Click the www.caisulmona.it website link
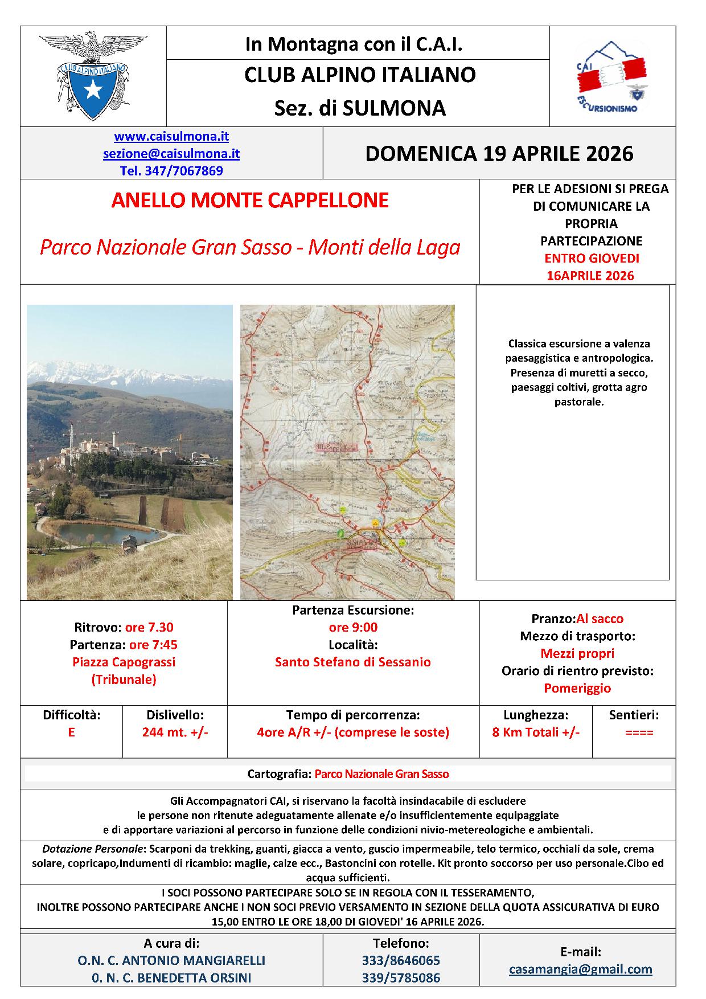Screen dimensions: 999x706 pos(171,137)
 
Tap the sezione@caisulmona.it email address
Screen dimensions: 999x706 pos(171,154)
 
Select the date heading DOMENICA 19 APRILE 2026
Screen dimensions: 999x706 pos(499,154)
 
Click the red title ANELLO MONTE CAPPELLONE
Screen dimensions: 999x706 pos(250,200)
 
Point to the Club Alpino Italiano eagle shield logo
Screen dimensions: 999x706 pos(93,76)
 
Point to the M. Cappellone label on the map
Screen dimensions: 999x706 pos(336,447)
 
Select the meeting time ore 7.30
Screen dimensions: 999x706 pos(149,628)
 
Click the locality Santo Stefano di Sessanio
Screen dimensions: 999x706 pos(353,662)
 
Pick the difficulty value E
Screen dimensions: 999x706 pos(71,732)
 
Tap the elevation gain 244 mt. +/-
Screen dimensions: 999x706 pos(175,732)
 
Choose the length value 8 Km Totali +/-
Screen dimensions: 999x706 pos(536,732)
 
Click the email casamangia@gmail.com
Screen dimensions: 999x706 pos(581,969)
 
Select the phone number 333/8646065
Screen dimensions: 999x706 pos(401,961)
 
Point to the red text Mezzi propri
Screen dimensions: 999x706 pos(577,654)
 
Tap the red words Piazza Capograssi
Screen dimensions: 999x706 pos(124,662)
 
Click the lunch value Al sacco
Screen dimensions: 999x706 pos(600,619)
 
